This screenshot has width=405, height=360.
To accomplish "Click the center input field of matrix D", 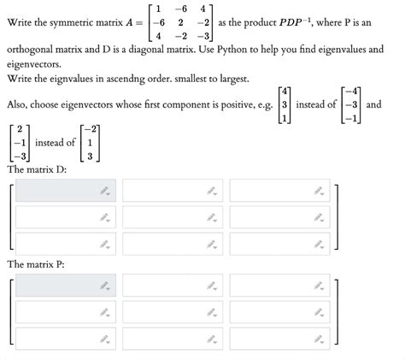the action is (x=173, y=217).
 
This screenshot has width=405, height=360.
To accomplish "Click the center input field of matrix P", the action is (x=173, y=312).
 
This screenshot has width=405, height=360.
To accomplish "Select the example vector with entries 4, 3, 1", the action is (x=284, y=105).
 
